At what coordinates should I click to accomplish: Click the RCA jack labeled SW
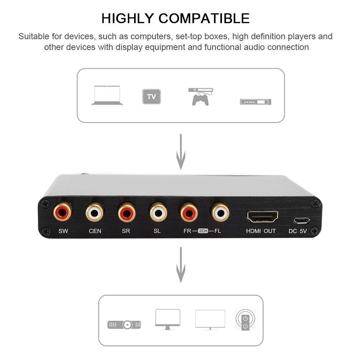pyautogui.click(x=63, y=213)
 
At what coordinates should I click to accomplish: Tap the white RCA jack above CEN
pyautogui.click(x=95, y=213)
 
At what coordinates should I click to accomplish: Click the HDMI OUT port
pyautogui.click(x=262, y=217)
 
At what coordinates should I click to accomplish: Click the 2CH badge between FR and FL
pyautogui.click(x=203, y=231)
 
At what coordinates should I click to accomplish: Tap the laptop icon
pyautogui.click(x=107, y=95)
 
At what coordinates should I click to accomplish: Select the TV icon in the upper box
pyautogui.click(x=151, y=96)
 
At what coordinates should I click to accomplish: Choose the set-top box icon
pyautogui.click(x=255, y=102)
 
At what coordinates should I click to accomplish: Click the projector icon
pyautogui.click(x=124, y=324)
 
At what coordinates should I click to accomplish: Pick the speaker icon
pyautogui.click(x=245, y=320)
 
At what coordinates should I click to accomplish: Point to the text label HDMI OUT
pyautogui.click(x=261, y=231)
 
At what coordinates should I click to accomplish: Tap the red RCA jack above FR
pyautogui.click(x=189, y=213)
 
